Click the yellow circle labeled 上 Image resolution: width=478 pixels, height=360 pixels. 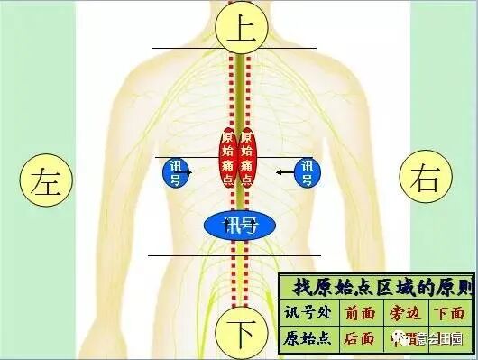point(239,29)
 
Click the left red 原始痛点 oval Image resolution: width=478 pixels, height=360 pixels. point(227,156)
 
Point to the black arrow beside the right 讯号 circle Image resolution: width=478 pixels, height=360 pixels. point(286,170)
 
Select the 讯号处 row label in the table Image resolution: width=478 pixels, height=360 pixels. point(308,313)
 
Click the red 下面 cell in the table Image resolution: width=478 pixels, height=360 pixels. point(448,313)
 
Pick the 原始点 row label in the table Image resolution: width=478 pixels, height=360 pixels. point(308,339)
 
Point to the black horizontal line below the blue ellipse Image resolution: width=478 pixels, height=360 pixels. point(207,255)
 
